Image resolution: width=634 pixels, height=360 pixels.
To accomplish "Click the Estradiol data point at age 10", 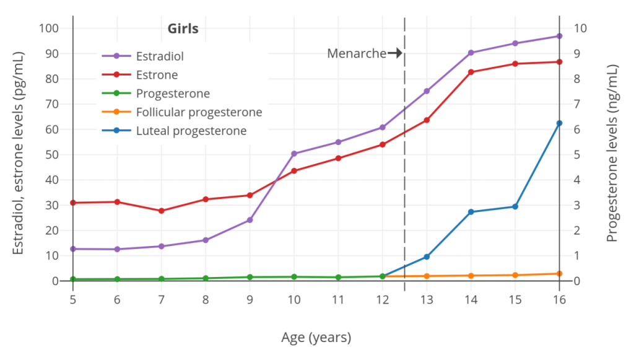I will click(x=294, y=154).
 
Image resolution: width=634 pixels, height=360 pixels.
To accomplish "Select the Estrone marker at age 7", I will click(x=162, y=211).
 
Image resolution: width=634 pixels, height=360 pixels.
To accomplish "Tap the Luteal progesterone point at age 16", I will click(x=559, y=123).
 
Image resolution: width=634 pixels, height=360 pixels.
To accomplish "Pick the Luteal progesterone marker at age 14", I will click(x=471, y=212).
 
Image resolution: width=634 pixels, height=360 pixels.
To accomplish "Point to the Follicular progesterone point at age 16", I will click(x=559, y=274).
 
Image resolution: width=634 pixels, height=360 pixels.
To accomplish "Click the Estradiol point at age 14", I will click(x=471, y=53).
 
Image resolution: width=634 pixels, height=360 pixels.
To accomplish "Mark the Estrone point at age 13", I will click(x=427, y=120).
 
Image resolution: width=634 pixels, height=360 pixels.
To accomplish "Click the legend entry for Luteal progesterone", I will click(x=191, y=131).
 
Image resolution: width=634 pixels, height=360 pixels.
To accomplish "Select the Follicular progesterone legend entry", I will click(x=199, y=112).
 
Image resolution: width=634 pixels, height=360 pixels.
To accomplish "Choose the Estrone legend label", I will click(x=157, y=75).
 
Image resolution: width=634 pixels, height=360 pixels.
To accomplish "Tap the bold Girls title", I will click(x=183, y=29).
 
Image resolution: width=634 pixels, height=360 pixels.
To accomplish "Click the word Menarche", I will click(x=357, y=54).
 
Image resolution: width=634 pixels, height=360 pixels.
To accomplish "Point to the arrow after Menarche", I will click(x=395, y=54).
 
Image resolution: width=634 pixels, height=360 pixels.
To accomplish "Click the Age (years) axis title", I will click(x=316, y=338).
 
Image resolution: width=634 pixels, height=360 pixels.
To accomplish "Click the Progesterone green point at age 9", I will click(x=250, y=277).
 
